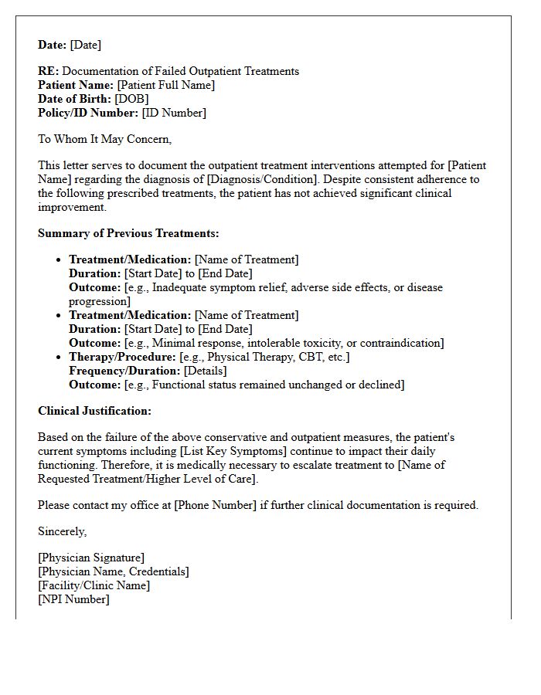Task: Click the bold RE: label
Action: click(48, 71)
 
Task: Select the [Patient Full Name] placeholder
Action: click(165, 85)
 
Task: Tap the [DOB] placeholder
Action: click(131, 99)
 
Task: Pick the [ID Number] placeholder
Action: click(174, 113)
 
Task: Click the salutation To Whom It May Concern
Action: click(104, 139)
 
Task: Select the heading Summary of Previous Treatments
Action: click(128, 233)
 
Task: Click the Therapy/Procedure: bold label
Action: click(122, 357)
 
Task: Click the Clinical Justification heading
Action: click(94, 411)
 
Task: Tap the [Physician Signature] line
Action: click(91, 558)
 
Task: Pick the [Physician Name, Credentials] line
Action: click(113, 571)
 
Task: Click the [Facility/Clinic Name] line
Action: click(94, 585)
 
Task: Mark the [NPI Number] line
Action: click(73, 599)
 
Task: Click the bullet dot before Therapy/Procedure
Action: click(60, 357)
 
